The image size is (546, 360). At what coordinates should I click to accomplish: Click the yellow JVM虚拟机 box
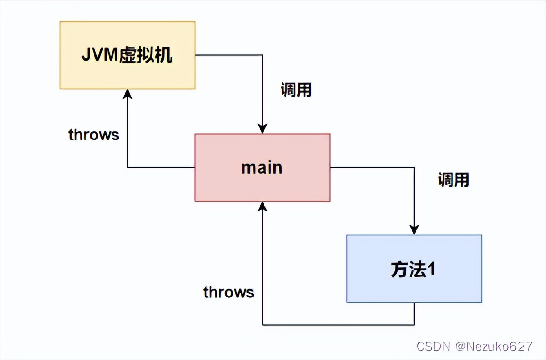pos(127,55)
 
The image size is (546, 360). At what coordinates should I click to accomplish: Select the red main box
pos(262,167)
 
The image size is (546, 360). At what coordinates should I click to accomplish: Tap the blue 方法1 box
pos(414,269)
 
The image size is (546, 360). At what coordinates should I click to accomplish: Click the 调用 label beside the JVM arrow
pos(296,90)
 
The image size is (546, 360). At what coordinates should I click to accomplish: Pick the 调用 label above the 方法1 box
pos(453,180)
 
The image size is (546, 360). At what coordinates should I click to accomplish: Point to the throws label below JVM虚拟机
pos(94,135)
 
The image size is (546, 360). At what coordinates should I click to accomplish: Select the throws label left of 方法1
pos(228,292)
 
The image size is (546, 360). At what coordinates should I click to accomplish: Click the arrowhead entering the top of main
pos(262,129)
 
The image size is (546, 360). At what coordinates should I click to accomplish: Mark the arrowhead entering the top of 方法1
pos(414,230)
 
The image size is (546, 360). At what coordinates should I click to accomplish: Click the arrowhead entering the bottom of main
pos(262,207)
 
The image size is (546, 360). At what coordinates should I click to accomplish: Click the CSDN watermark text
pos(434,346)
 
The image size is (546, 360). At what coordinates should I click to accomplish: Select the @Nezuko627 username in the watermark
pos(494,346)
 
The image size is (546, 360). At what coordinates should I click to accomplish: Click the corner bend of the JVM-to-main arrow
pos(262,55)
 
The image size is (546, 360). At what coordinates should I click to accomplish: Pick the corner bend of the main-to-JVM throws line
pos(127,167)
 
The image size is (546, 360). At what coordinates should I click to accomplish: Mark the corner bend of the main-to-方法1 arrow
pos(414,167)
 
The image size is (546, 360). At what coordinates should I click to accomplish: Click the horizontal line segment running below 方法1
pos(337,324)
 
